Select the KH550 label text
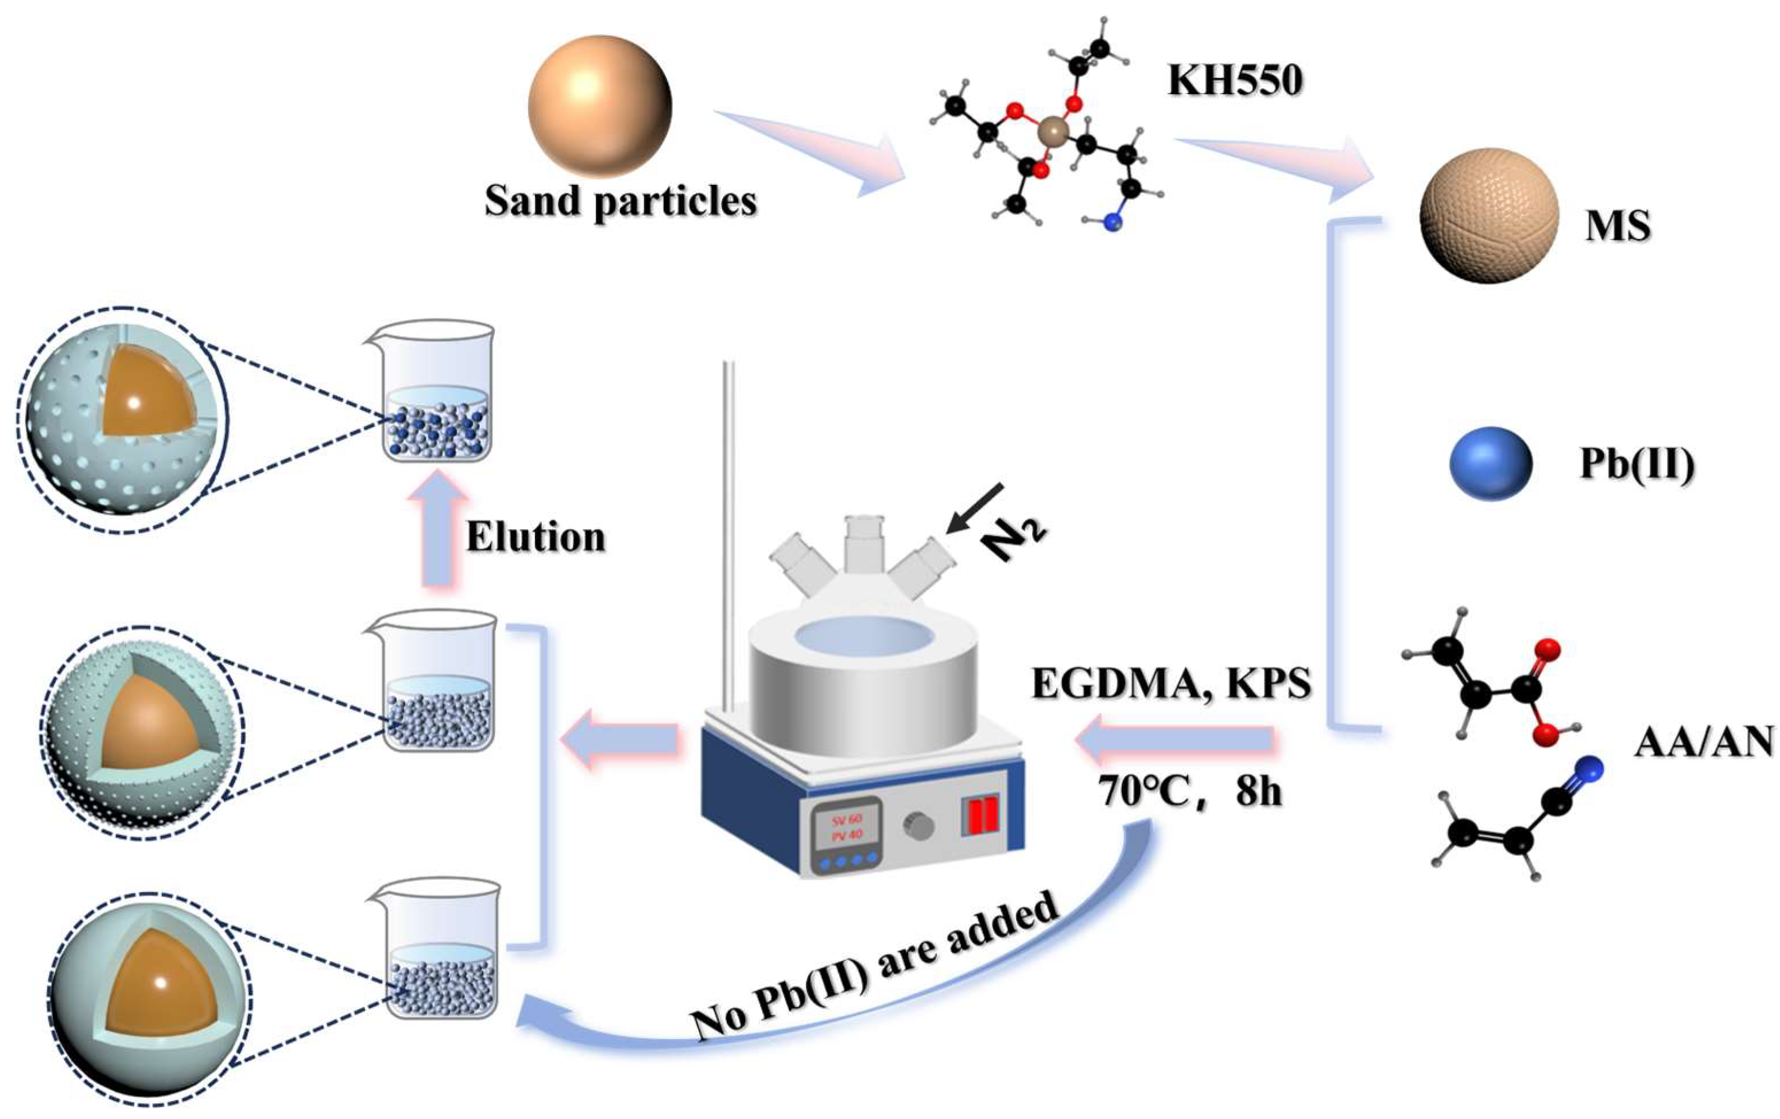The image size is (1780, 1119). coord(1235,80)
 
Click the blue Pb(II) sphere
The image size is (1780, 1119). coord(1490,464)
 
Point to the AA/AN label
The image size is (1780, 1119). coord(1703,741)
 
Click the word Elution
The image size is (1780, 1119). coord(535,537)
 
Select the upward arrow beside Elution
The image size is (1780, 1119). coord(439,529)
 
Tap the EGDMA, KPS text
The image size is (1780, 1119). coord(1171,683)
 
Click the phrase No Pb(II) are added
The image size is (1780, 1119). coord(872,968)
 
